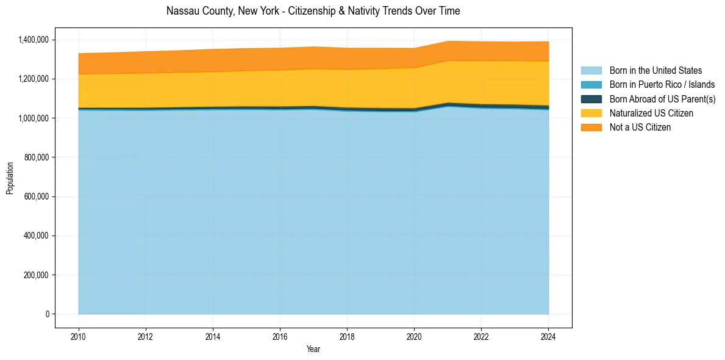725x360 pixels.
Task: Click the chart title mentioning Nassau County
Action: click(x=313, y=11)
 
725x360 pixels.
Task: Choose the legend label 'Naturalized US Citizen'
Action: click(x=651, y=113)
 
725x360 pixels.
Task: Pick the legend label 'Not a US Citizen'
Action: click(x=640, y=127)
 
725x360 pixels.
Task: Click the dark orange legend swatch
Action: click(x=591, y=127)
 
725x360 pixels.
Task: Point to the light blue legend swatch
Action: click(x=591, y=71)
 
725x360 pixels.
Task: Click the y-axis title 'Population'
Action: click(x=10, y=178)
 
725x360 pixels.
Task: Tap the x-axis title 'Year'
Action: click(x=313, y=349)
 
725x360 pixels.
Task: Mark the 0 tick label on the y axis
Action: click(x=47, y=314)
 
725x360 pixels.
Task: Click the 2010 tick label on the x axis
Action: click(x=79, y=335)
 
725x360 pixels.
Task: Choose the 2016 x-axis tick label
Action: click(x=280, y=335)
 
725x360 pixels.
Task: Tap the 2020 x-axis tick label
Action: click(x=414, y=335)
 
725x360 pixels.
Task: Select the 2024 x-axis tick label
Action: click(x=548, y=335)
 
